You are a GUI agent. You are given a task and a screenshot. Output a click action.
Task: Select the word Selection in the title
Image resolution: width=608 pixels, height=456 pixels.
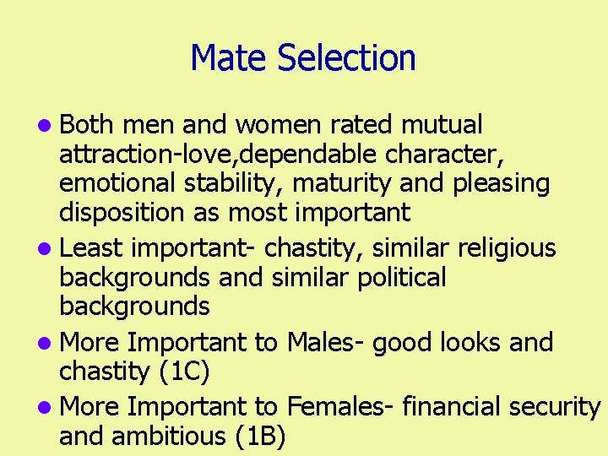pos(346,58)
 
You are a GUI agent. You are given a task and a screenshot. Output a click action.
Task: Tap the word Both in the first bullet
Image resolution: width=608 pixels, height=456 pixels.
pos(87,125)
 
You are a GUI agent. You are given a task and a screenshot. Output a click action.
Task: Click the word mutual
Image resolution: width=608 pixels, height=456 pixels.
pos(442,125)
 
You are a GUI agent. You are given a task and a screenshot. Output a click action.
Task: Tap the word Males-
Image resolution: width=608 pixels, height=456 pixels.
pos(326,342)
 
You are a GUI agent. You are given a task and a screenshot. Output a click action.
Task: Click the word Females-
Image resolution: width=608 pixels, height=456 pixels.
pos(340,406)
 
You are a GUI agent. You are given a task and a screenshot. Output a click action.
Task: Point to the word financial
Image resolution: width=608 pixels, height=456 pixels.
pos(453,406)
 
